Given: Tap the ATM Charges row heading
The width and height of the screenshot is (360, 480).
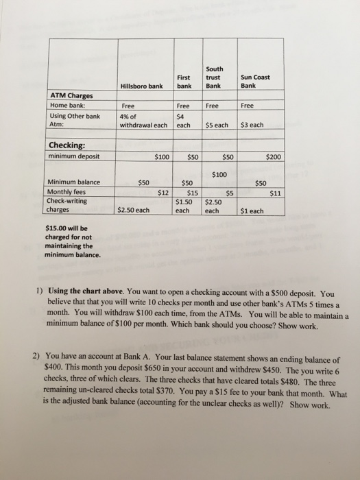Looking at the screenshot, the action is pos(71,95).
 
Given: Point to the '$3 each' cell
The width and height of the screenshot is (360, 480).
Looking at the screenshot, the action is pos(252,125).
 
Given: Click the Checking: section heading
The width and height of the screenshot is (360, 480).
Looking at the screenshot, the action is pos(67,145).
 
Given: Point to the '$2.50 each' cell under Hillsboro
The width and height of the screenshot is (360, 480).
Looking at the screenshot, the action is pos(134,211).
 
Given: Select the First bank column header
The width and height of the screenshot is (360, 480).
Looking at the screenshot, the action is pos(183,82).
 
